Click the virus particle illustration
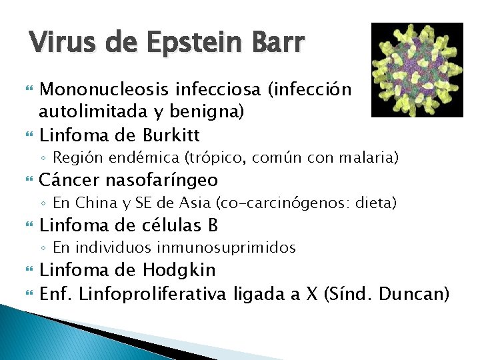coord(417,69)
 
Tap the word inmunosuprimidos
coord(227,248)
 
